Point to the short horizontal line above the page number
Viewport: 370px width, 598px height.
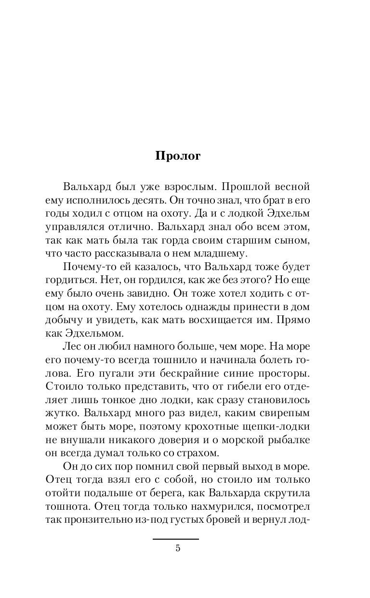click(176, 539)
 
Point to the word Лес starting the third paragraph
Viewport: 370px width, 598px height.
click(71, 346)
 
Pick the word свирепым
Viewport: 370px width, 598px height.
click(281, 413)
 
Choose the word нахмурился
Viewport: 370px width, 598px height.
click(217, 506)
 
